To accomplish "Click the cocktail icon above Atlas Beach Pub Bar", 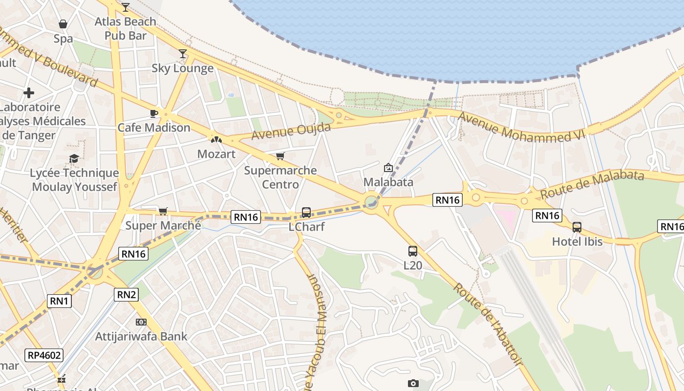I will pos(126,7).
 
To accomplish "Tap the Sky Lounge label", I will pos(182,68).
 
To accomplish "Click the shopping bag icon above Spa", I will pos(63,23).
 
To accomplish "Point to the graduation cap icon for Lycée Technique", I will pos(74,158).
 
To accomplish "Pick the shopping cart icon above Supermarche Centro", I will pos(280,156).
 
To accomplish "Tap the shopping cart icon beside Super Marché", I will pos(163,211).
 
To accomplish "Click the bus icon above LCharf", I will pos(306,213).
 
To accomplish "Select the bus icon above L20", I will pos(413,251).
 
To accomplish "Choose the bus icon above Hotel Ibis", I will pos(577,227).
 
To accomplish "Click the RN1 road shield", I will pos(59,301).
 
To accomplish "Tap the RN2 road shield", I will pos(127,294).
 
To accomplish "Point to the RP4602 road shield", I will pos(44,355).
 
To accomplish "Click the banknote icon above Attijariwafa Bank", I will pos(141,322).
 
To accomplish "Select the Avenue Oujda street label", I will pos(291,131).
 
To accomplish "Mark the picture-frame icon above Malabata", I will pos(388,168).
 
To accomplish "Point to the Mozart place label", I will pos(216,154).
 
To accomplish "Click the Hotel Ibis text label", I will pos(577,241).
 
